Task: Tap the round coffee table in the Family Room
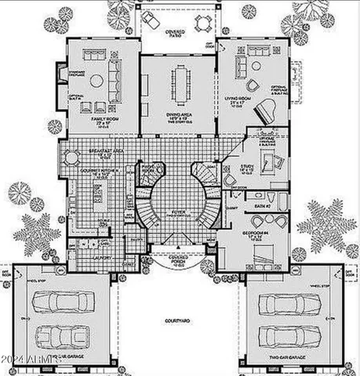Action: pos(95,80)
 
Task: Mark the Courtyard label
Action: pos(179,321)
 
